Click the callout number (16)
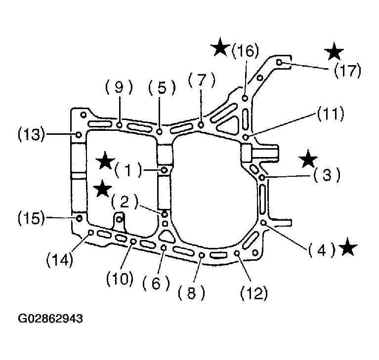pyautogui.click(x=245, y=51)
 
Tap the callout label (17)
pyautogui.click(x=347, y=71)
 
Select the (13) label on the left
pyautogui.click(x=32, y=134)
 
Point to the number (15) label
pyautogui.click(x=32, y=218)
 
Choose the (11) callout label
pyautogui.click(x=331, y=114)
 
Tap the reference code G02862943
pyautogui.click(x=50, y=319)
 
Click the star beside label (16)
pyautogui.click(x=220, y=47)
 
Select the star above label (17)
pyautogui.click(x=334, y=51)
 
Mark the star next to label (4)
pyautogui.click(x=347, y=246)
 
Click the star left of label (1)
pyautogui.click(x=105, y=160)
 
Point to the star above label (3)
pyautogui.click(x=308, y=159)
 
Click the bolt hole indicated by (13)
pyautogui.click(x=79, y=135)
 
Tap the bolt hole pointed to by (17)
pyautogui.click(x=279, y=62)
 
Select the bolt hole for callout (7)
pyautogui.click(x=201, y=125)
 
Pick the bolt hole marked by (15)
pyautogui.click(x=79, y=218)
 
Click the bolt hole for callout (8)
pyautogui.click(x=202, y=255)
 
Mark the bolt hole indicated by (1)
pyautogui.click(x=165, y=170)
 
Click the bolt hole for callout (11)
pyautogui.click(x=246, y=137)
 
